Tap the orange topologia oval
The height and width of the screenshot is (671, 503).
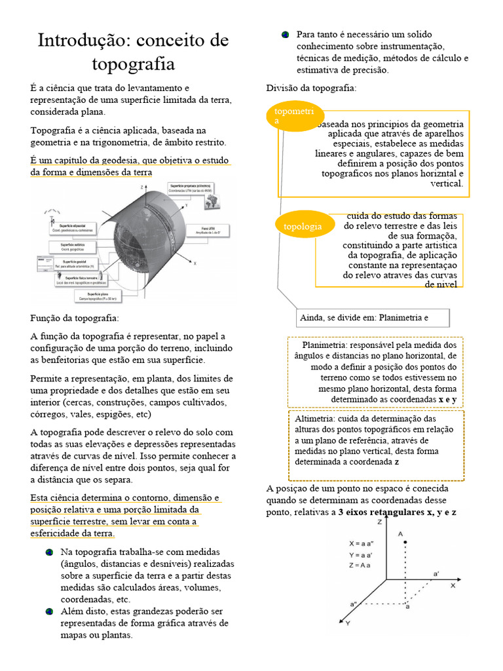[x=302, y=226]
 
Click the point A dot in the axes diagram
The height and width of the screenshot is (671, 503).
[x=406, y=542]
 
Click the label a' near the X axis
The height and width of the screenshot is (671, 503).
[x=436, y=573]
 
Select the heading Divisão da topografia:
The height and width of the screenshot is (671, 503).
[x=310, y=88]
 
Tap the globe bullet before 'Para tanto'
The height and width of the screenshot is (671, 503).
[x=286, y=34]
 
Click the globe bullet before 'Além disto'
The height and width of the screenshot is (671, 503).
[x=50, y=611]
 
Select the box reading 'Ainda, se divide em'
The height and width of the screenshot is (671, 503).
[x=373, y=318]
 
